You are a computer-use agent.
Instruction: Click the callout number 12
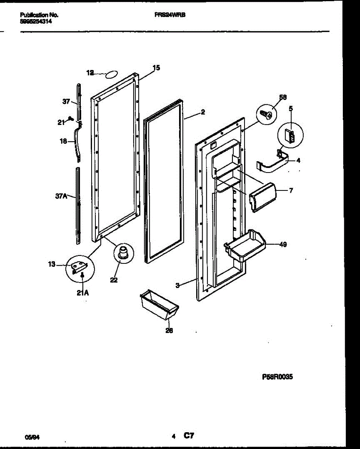click(90, 73)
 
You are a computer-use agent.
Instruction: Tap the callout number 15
click(156, 68)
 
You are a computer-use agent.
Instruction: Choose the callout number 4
click(298, 161)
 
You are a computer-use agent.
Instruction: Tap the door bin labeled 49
click(244, 247)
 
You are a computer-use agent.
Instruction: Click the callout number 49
click(283, 245)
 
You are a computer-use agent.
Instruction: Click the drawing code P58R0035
click(277, 377)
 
